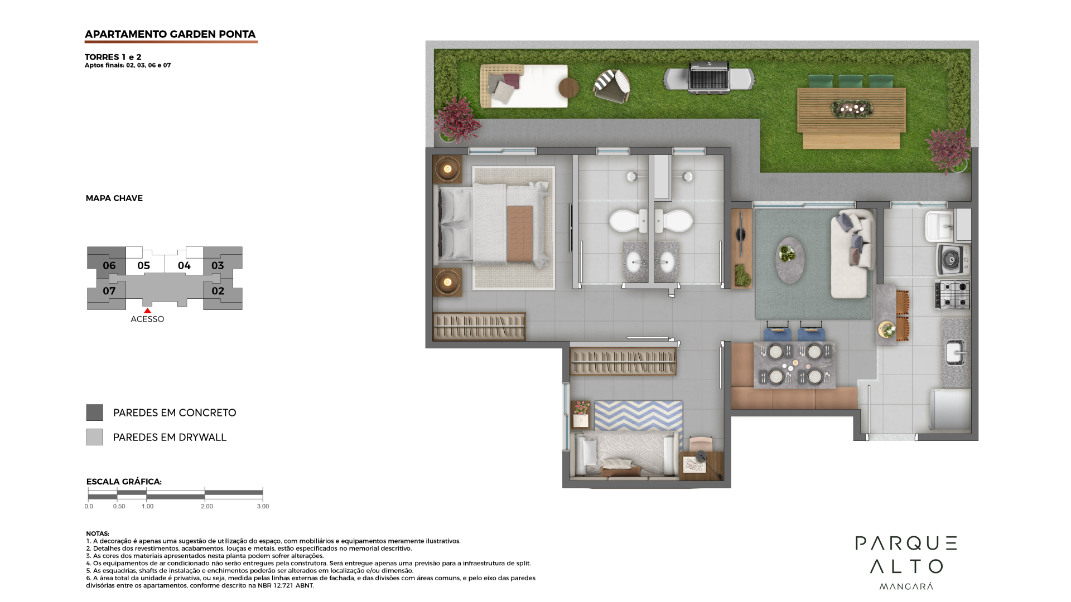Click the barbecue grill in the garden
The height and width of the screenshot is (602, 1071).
(709, 77)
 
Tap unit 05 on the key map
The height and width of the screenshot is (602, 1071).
(144, 266)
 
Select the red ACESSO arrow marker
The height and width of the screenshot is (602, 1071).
(147, 311)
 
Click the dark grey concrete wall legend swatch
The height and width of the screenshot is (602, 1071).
(94, 412)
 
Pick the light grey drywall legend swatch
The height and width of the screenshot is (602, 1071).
(94, 437)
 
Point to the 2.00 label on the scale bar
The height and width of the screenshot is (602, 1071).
(207, 506)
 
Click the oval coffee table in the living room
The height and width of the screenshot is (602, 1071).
(790, 260)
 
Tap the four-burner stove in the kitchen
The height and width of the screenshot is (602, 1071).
(953, 294)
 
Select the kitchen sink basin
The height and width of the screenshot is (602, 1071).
(956, 352)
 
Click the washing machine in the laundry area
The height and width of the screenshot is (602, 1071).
(953, 259)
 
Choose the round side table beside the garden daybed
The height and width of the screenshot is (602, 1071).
(568, 88)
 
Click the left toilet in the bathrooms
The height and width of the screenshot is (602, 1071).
(628, 221)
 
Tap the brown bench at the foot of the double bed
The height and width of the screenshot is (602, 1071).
(520, 234)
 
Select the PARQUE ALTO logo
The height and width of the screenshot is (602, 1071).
(906, 562)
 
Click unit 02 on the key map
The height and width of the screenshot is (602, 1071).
(218, 291)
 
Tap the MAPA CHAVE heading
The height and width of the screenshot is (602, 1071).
(114, 198)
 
